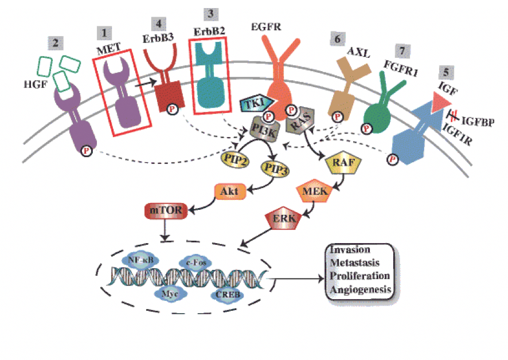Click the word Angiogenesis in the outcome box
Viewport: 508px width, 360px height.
(360, 289)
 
